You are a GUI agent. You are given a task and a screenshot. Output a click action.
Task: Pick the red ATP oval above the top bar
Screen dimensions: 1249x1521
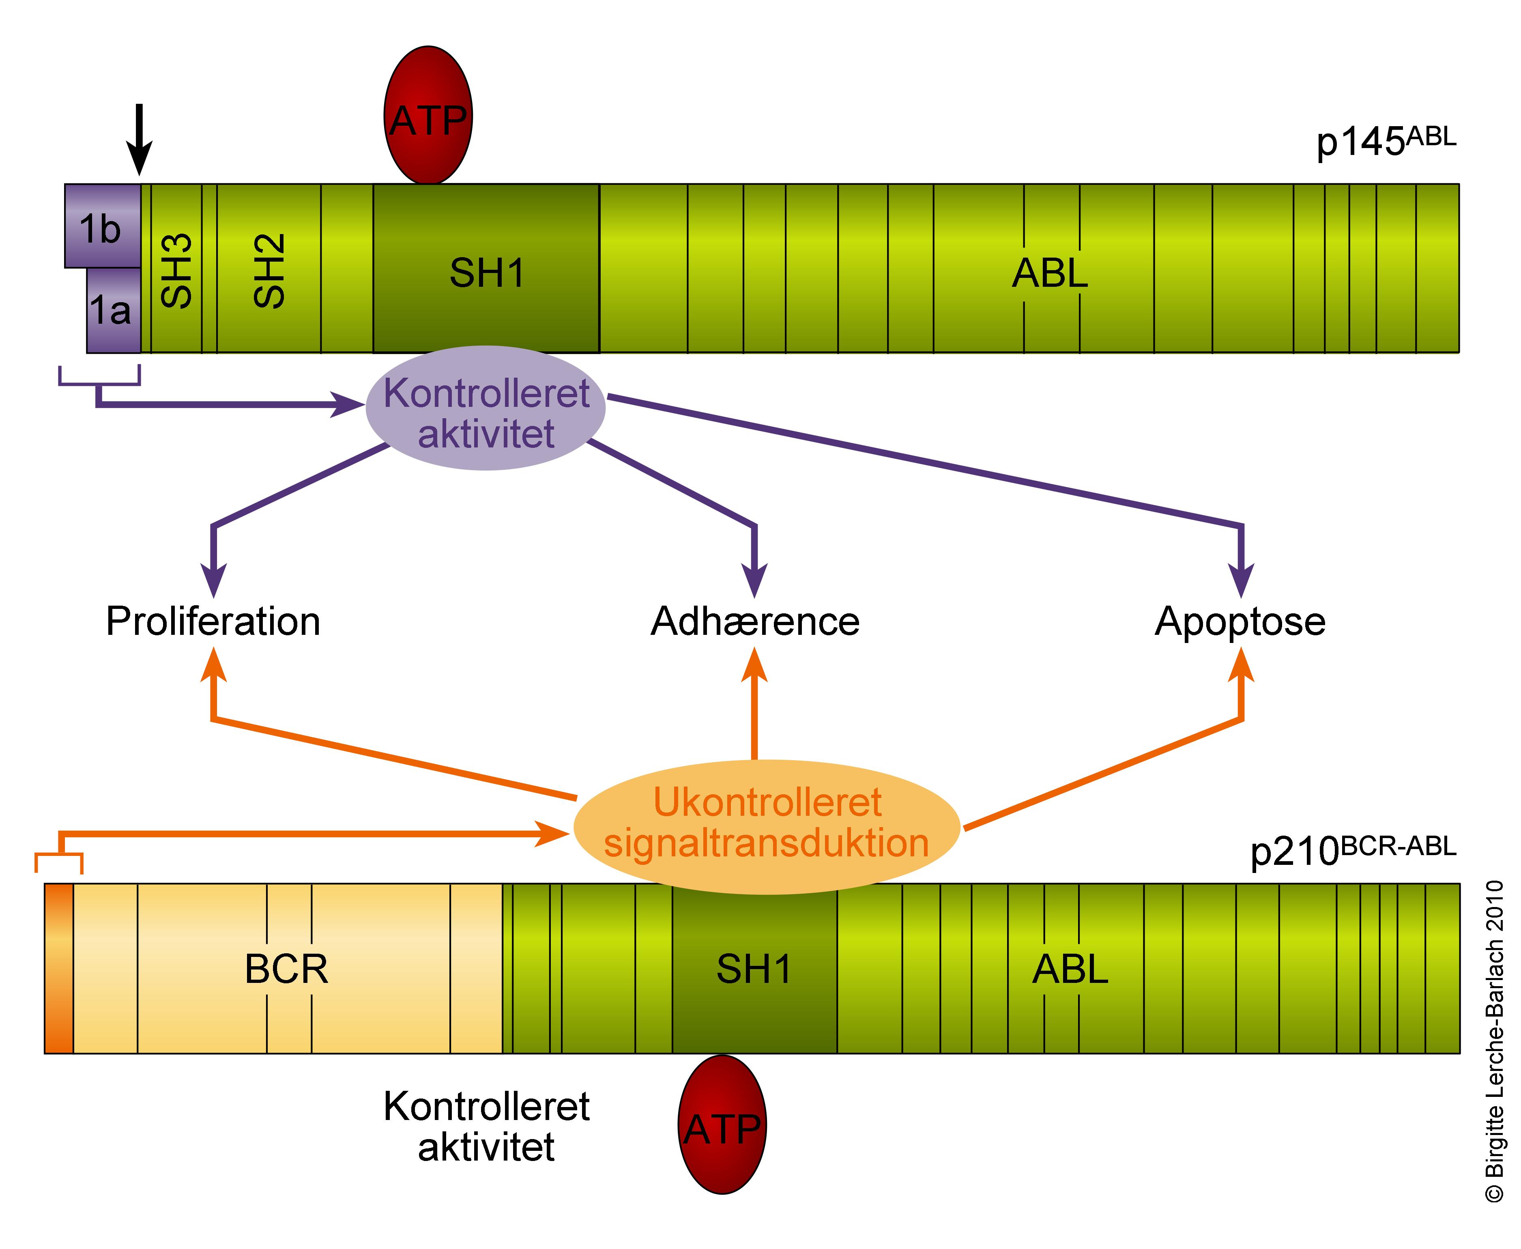(428, 115)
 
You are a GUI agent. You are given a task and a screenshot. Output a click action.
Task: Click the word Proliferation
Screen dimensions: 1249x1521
(213, 621)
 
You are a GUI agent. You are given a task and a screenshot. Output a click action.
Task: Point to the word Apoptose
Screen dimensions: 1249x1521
(1239, 621)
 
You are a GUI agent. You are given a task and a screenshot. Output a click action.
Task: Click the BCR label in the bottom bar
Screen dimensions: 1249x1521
(286, 969)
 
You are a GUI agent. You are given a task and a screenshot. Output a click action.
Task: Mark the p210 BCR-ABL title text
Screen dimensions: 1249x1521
(1353, 850)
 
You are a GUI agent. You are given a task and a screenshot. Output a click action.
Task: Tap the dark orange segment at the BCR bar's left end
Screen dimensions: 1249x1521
(59, 968)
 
